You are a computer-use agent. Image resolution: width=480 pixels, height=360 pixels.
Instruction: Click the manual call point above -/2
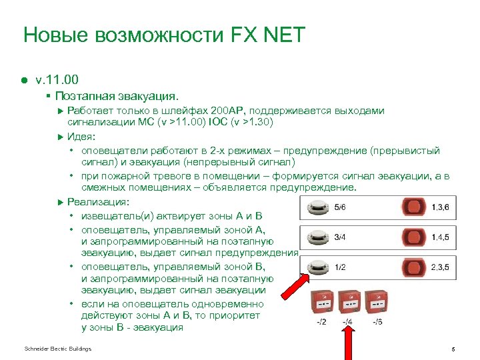[x=322, y=303]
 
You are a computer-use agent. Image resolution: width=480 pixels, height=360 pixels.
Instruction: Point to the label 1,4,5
[x=440, y=237]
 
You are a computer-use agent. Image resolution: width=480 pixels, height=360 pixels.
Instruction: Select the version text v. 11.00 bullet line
[x=61, y=80]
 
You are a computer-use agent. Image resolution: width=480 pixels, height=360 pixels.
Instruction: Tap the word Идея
[x=81, y=137]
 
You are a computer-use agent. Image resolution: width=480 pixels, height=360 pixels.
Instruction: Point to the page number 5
[x=453, y=349]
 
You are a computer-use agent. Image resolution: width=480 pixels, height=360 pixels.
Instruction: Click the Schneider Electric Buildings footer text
[x=57, y=349]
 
